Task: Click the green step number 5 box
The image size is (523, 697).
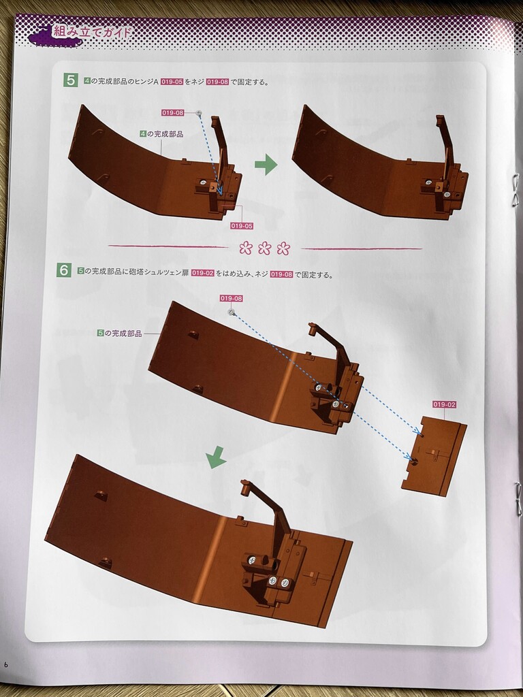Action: tap(70, 80)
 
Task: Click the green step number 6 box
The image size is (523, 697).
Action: tap(63, 270)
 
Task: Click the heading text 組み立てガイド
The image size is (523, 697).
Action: tap(92, 32)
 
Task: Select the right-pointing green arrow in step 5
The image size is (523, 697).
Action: tap(266, 165)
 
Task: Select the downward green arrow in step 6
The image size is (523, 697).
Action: tap(216, 457)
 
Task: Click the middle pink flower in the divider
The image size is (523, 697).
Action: tap(265, 248)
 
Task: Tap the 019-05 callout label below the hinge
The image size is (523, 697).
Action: tap(242, 226)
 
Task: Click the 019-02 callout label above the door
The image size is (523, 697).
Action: tap(444, 404)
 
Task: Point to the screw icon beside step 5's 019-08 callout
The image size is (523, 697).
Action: tap(199, 113)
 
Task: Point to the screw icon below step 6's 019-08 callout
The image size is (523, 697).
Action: tap(232, 312)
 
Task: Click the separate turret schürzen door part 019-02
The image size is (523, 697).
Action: tap(434, 456)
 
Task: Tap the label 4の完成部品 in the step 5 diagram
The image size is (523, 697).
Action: tap(161, 134)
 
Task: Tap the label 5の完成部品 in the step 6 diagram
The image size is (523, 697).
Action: tap(119, 333)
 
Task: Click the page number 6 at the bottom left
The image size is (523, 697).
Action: tap(5, 665)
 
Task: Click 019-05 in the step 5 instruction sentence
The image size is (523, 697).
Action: tap(172, 82)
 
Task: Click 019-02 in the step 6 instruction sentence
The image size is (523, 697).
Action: tap(203, 274)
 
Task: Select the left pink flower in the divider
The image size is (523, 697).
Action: tap(245, 248)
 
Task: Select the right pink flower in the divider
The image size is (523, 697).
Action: tap(283, 248)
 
